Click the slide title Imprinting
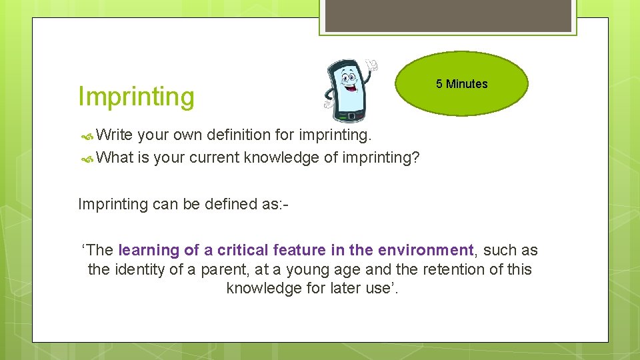136,97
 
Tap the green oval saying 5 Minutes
461,84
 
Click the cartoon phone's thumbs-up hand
371,65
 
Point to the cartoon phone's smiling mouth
349,87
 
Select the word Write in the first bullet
115,135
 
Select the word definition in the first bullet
238,135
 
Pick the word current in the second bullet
214,157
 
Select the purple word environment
425,251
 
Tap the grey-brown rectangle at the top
448,15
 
